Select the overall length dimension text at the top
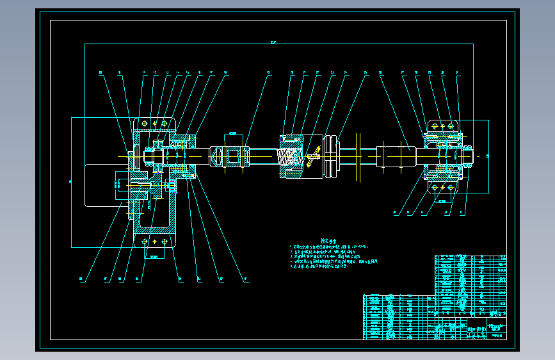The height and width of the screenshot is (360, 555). pyautogui.click(x=273, y=43)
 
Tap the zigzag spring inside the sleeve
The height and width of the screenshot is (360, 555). pyautogui.click(x=290, y=156)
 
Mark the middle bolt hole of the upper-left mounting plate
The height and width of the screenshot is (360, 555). pyautogui.click(x=154, y=123)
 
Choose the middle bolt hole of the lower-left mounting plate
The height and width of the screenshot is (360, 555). pyautogui.click(x=154, y=241)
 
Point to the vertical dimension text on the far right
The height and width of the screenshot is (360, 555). pyautogui.click(x=488, y=155)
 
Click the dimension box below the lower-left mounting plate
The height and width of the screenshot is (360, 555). pyautogui.click(x=154, y=257)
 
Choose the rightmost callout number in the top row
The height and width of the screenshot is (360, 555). pyautogui.click(x=457, y=72)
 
